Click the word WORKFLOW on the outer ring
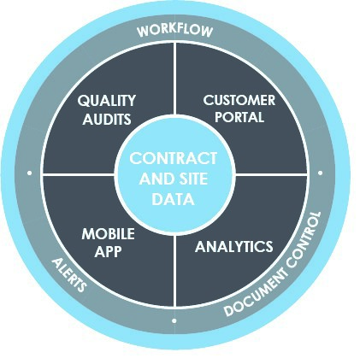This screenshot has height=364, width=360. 174,31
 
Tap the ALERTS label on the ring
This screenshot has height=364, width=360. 69,275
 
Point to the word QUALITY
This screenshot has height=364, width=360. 107,101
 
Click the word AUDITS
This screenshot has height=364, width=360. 107,119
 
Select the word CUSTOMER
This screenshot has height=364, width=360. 239,100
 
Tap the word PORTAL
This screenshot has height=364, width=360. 239,117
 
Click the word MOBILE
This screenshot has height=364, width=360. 108,234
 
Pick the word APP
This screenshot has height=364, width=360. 108,251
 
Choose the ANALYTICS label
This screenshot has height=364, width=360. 233,247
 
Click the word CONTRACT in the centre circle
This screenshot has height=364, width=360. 174,158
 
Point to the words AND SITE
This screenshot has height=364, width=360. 174,179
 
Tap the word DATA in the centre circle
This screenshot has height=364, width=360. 174,199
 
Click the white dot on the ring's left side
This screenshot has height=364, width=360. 29,173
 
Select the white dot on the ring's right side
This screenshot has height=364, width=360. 320,173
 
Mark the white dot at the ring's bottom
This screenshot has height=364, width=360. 174,320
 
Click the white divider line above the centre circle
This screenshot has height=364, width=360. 174,79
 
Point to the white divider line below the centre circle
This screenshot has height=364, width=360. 174,271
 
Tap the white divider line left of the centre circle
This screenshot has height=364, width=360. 79,173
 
